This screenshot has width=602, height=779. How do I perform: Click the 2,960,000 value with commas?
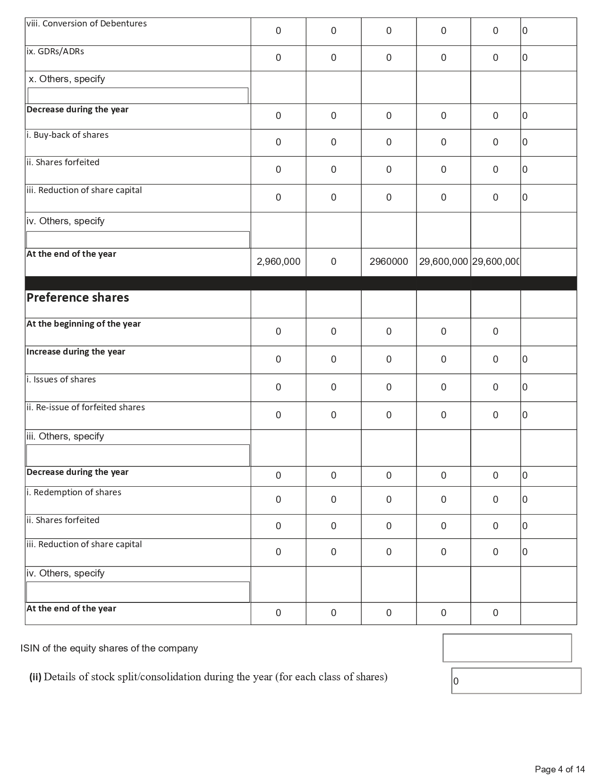click(278, 262)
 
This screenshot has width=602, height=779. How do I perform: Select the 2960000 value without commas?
click(389, 262)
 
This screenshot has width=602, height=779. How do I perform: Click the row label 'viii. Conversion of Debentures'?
click(86, 24)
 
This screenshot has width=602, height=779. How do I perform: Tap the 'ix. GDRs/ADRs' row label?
click(55, 51)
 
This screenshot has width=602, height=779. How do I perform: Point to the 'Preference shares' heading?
click(78, 297)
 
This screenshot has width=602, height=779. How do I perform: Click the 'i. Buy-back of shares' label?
click(68, 135)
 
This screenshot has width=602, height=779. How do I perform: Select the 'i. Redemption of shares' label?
click(74, 492)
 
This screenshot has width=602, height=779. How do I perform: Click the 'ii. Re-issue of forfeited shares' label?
click(86, 407)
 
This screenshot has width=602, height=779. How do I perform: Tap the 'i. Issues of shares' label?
click(61, 380)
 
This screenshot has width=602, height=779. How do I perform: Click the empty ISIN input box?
click(507, 648)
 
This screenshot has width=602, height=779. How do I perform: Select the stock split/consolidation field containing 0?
click(516, 681)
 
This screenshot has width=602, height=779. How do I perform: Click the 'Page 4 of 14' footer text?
click(560, 769)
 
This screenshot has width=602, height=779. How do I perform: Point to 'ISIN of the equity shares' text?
click(109, 648)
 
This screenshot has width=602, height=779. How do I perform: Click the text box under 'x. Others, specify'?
click(137, 95)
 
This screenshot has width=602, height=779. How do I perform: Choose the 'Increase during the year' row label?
click(76, 352)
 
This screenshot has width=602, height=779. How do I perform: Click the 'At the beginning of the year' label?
click(84, 324)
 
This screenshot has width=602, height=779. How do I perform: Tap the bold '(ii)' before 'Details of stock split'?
click(35, 677)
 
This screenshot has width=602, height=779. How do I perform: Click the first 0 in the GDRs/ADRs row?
click(278, 58)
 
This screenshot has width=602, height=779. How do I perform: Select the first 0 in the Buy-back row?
click(278, 142)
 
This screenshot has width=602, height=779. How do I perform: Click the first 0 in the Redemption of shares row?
click(278, 500)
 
